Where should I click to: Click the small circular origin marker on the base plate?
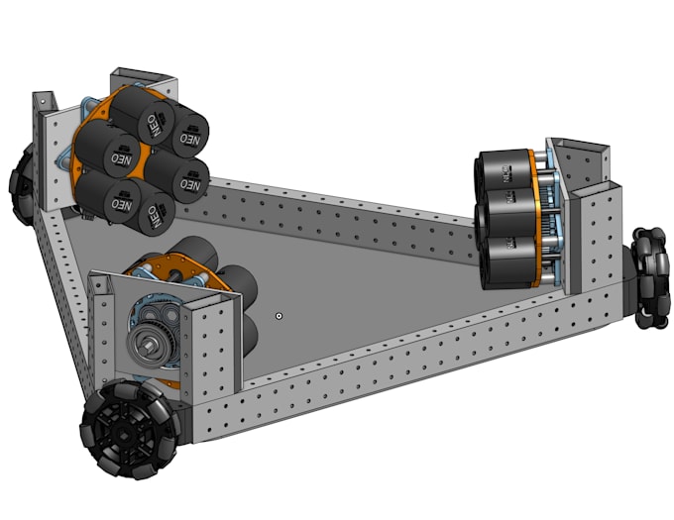tap(280, 316)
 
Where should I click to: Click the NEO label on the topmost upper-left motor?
tap(155, 124)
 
